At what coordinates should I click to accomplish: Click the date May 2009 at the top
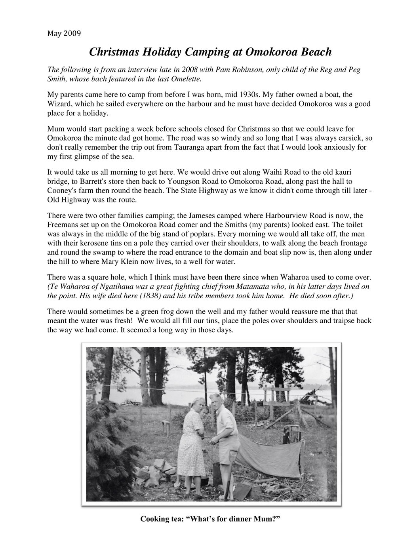pyautogui.click(x=64, y=33)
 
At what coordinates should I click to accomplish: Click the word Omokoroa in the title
pyautogui.click(x=261, y=51)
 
